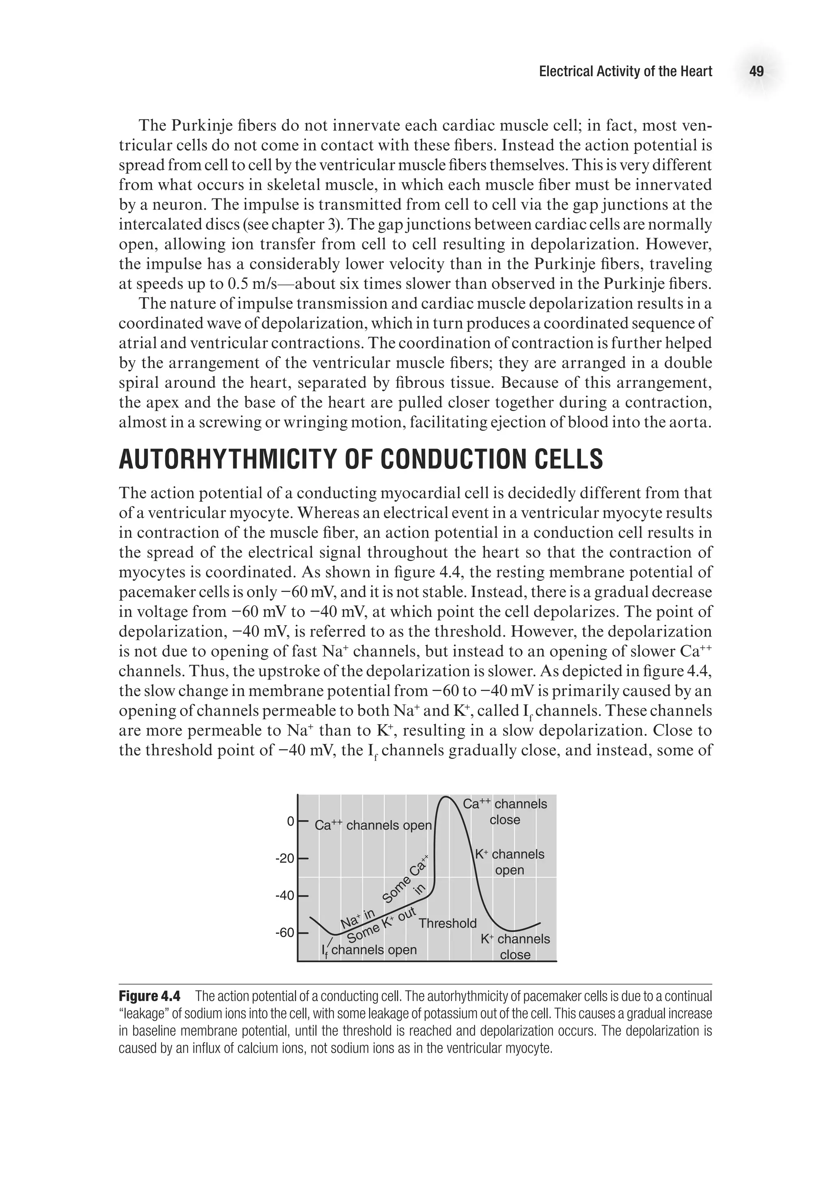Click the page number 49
(x=756, y=71)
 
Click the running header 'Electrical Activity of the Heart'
(x=625, y=71)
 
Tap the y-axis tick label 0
(x=290, y=821)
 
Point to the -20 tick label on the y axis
(x=284, y=859)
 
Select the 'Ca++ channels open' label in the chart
(x=373, y=826)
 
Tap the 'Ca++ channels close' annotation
(x=505, y=812)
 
